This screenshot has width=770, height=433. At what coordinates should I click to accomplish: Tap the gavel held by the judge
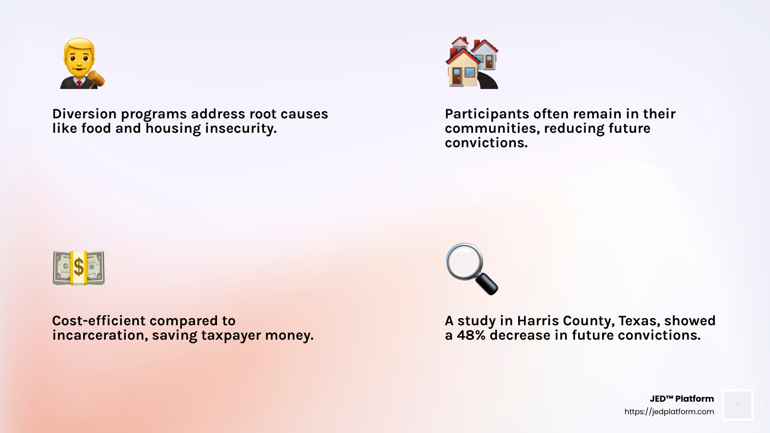click(x=96, y=78)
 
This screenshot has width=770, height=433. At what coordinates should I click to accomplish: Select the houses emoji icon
click(x=472, y=63)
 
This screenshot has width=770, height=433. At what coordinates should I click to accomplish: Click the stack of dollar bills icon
click(x=78, y=267)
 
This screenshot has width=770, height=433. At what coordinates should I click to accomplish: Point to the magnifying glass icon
click(x=471, y=268)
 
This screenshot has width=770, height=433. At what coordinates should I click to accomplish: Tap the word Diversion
click(x=84, y=114)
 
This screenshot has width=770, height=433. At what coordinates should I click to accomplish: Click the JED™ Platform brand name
click(x=681, y=399)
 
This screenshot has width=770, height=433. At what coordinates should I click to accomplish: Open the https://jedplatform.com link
click(x=669, y=412)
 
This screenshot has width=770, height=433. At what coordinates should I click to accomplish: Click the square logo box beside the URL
click(x=738, y=405)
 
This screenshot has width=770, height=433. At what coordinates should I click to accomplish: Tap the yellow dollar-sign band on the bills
click(x=78, y=267)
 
